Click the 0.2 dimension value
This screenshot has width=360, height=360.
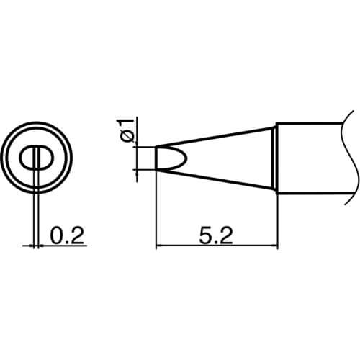tap(67, 235)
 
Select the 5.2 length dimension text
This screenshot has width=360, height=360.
tap(216, 235)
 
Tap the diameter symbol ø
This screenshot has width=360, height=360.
tap(127, 138)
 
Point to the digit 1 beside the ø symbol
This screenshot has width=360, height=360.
tap(127, 124)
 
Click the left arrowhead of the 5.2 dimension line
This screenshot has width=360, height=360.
tap(159, 246)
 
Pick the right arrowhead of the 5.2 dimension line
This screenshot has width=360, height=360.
tap(274, 246)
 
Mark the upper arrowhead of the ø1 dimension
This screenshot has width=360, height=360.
tap(137, 143)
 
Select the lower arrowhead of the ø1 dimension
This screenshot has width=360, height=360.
tap(137, 173)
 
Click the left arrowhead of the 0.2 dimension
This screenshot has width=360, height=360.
tap(31, 246)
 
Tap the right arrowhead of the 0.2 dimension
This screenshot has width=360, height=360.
tap(41, 246)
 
